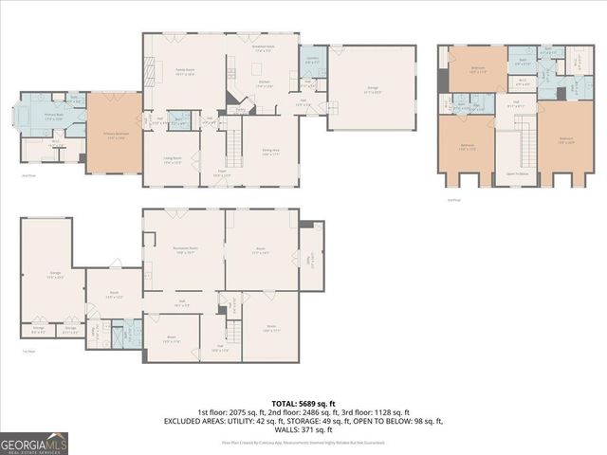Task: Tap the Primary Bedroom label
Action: pyautogui.click(x=114, y=136)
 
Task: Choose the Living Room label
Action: pyautogui.click(x=172, y=162)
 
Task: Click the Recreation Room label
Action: pyautogui.click(x=184, y=250)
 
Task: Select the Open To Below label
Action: pyautogui.click(x=516, y=173)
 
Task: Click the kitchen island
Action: pyautogui.click(x=256, y=68)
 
